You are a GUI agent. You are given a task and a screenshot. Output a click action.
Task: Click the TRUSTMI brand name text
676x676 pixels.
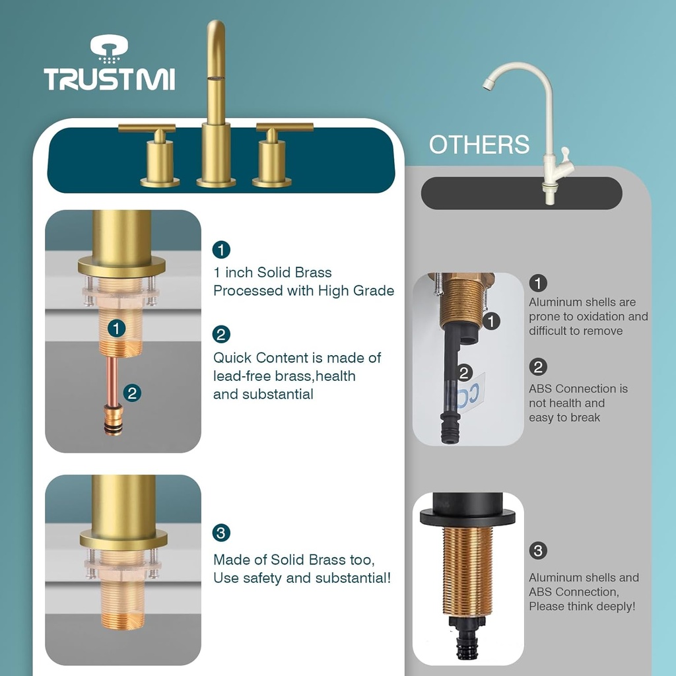[109, 79]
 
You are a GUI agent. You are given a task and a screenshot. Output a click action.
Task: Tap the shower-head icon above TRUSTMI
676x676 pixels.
[109, 48]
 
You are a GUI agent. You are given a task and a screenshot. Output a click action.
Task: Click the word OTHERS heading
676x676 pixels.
[479, 145]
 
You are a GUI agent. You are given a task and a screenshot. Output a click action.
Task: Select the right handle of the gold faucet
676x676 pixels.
[283, 127]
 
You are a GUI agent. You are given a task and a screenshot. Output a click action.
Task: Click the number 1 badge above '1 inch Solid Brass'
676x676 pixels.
[221, 250]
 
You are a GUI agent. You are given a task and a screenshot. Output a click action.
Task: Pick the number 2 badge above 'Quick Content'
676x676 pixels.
[221, 335]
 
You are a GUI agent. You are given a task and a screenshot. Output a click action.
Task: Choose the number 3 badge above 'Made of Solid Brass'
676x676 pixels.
[221, 533]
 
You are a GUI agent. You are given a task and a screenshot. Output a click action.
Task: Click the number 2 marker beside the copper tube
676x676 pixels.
[133, 393]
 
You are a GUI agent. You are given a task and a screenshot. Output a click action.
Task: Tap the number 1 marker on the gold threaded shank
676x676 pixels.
[117, 328]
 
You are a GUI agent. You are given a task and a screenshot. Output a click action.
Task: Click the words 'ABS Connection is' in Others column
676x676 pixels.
[578, 389]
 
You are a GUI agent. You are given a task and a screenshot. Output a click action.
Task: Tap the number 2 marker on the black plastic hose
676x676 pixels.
[464, 374]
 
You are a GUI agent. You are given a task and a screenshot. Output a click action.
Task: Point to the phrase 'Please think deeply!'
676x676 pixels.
[582, 607]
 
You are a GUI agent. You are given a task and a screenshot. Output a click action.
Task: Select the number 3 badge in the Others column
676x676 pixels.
[538, 551]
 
